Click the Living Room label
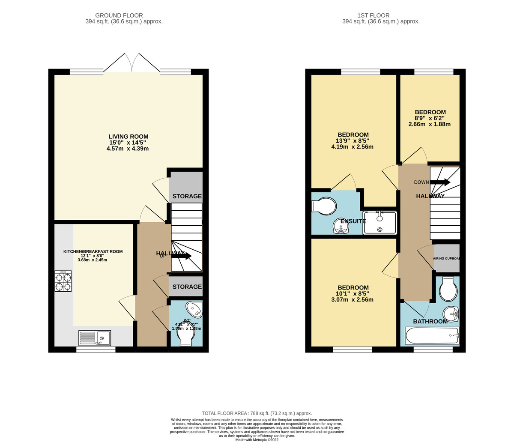pos(128,137)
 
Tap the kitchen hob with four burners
pos(63,281)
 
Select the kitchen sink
pos(95,338)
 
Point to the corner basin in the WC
pos(194,309)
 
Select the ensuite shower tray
pos(380,223)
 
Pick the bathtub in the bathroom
pos(432,336)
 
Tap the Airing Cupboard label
pos(447,258)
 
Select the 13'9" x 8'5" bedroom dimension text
pos(353,140)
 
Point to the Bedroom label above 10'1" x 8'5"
pos(353,287)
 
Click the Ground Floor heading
pos(119,15)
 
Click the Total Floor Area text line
pos(257,413)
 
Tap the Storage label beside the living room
pos(187,196)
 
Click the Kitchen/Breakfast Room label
pos(93,251)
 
